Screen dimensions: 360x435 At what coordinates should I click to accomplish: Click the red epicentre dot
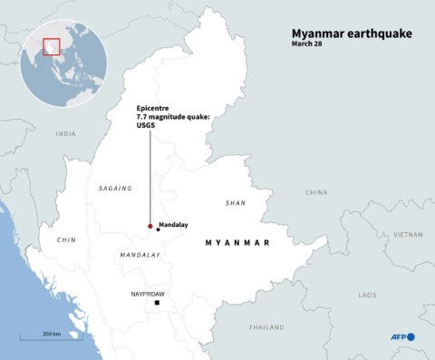pyautogui.click(x=150, y=226)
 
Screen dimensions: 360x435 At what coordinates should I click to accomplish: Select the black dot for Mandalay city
pyautogui.click(x=158, y=229)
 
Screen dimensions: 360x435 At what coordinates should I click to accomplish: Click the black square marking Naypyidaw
pyautogui.click(x=158, y=315)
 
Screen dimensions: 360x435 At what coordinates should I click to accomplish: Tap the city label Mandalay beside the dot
pyautogui.click(x=173, y=223)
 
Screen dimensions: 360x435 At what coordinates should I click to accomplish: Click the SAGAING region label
pyautogui.click(x=115, y=189)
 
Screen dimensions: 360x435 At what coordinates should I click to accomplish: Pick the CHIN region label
pyautogui.click(x=65, y=240)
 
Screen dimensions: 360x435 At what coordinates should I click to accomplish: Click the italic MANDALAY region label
pyautogui.click(x=140, y=255)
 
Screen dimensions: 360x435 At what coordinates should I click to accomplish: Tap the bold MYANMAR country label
pyautogui.click(x=238, y=243)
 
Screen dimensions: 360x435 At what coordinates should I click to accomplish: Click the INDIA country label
pyautogui.click(x=65, y=133)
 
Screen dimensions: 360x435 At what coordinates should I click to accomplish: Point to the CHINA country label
pyautogui.click(x=316, y=192)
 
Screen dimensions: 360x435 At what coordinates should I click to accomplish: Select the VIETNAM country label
pyautogui.click(x=408, y=234)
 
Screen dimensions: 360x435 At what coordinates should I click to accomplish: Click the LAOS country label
pyautogui.click(x=367, y=295)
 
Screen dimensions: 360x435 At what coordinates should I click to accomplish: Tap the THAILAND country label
pyautogui.click(x=266, y=326)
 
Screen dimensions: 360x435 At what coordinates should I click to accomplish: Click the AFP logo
pyautogui.click(x=402, y=336)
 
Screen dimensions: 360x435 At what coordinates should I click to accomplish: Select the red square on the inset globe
pyautogui.click(x=52, y=44)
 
